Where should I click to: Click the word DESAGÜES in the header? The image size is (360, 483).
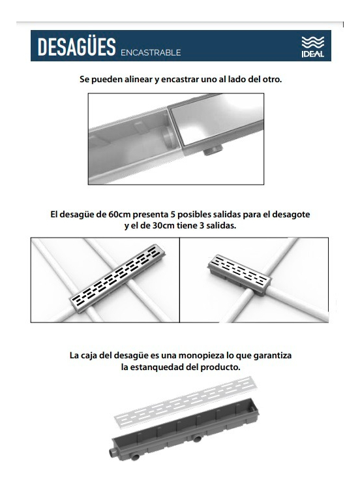coord(76,47)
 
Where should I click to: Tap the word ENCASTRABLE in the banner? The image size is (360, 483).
coord(151,53)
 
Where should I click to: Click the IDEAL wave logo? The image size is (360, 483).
coord(312,46)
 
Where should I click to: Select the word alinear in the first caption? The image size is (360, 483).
coord(138,79)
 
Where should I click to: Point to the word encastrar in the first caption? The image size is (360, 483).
coord(180,80)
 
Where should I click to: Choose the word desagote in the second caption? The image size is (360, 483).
coord(291,215)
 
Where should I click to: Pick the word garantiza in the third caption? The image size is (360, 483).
coord(273,356)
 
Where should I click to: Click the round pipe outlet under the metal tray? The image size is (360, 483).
coord(213,151)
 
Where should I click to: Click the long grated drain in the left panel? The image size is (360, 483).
coord(118,278)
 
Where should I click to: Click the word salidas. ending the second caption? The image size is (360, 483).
coord(221,225)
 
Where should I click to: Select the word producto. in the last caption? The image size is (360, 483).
coord(220,367)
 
